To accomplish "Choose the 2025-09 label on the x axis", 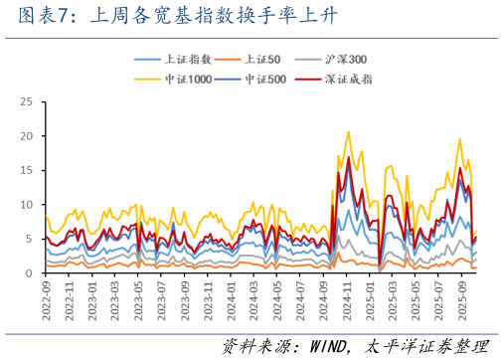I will point(462,295).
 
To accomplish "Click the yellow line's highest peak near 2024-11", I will point(348,132).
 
